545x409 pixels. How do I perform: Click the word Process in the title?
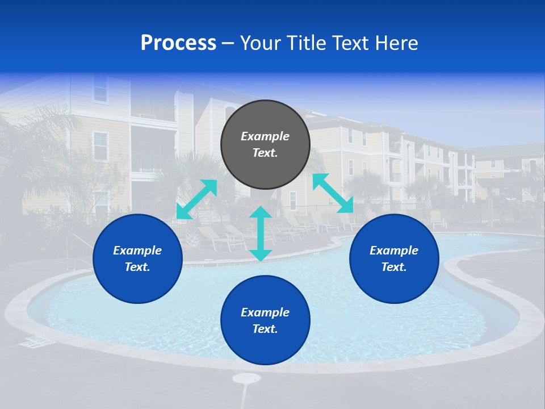click(x=178, y=43)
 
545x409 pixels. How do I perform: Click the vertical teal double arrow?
click(x=261, y=233)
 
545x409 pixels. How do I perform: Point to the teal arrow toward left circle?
click(x=196, y=199)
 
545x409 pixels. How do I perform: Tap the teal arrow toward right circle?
click(x=333, y=193)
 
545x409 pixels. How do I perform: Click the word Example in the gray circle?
click(x=265, y=136)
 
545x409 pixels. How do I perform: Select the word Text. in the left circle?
click(x=137, y=267)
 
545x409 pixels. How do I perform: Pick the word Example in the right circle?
click(x=394, y=251)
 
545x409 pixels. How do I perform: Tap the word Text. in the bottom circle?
click(x=265, y=329)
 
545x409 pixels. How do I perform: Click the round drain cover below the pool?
click(x=246, y=378)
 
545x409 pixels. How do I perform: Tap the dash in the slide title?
click(x=228, y=44)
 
